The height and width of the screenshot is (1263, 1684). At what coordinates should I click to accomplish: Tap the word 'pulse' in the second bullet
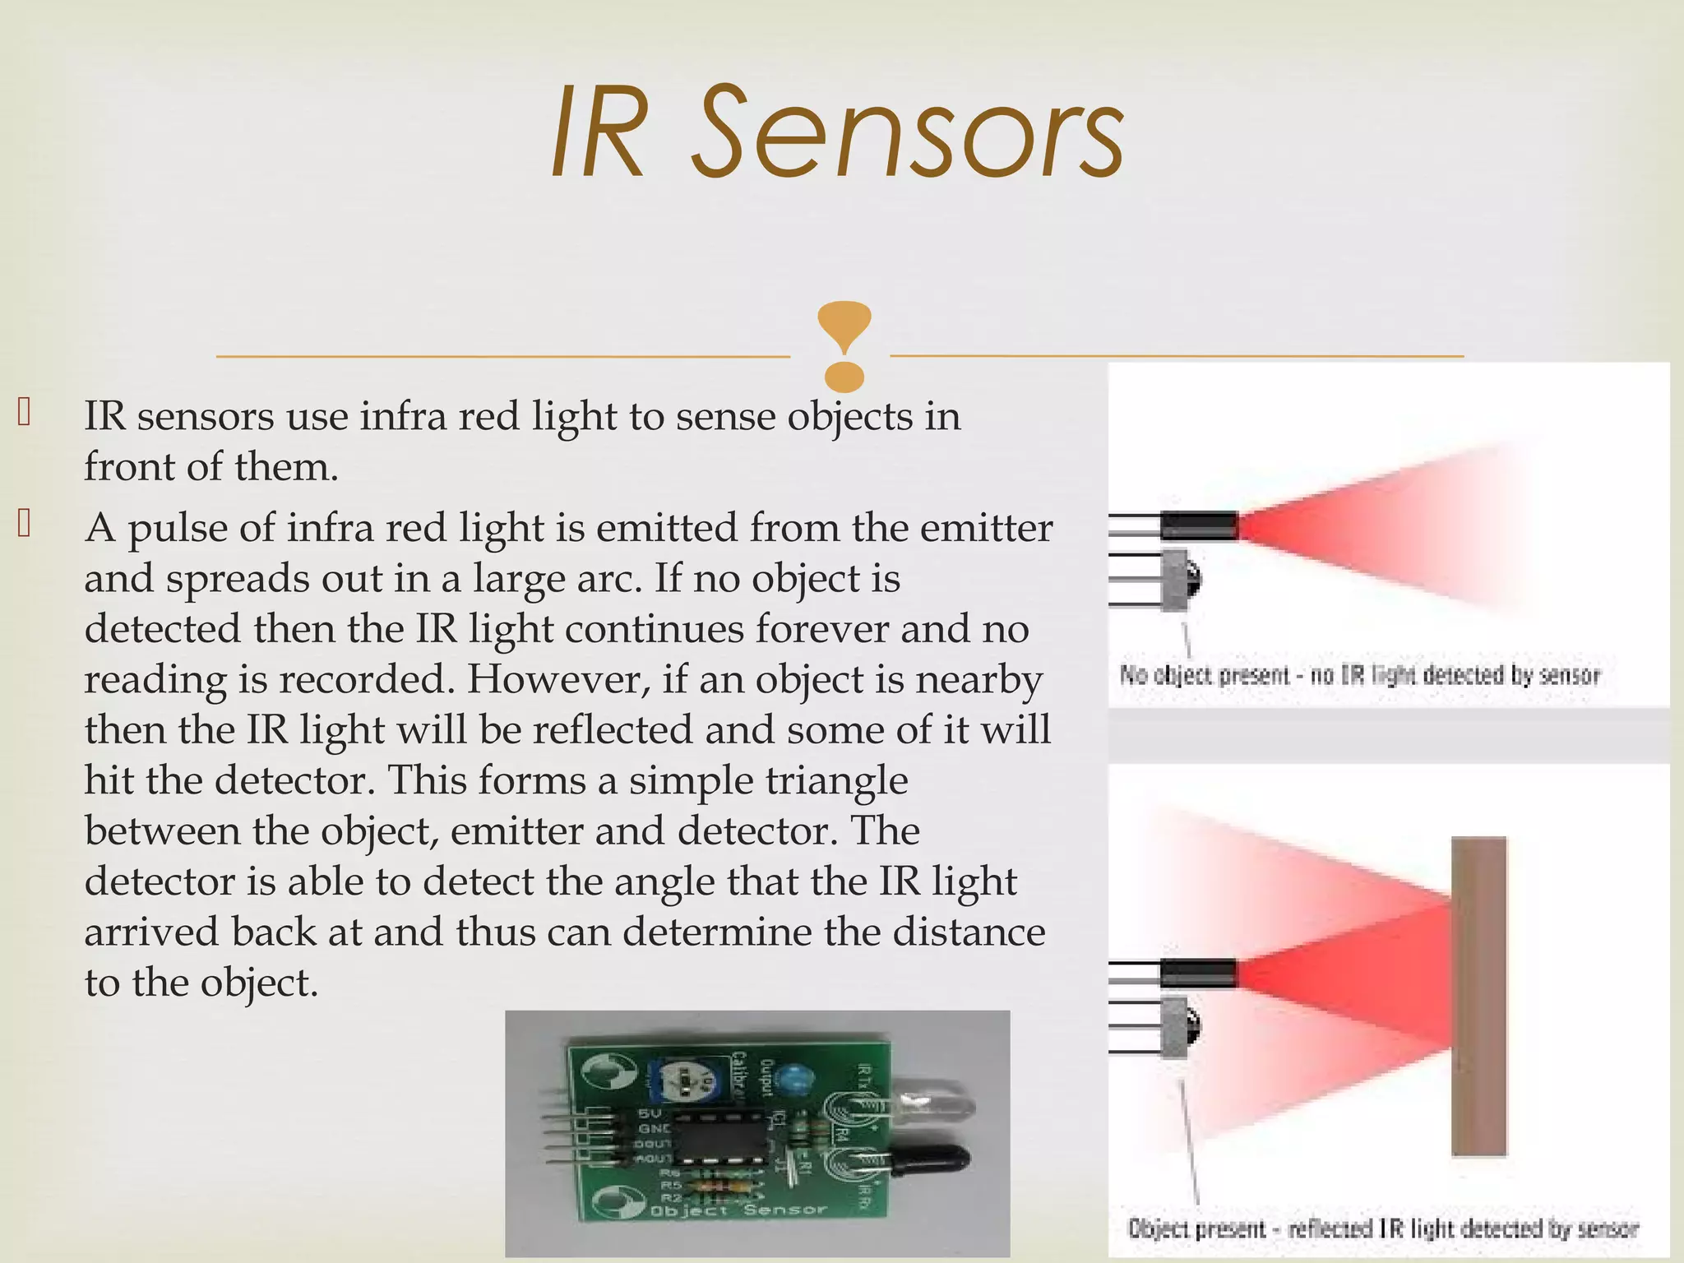coord(177,528)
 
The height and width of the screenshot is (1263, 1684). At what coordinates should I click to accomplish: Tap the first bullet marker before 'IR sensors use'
coord(24,414)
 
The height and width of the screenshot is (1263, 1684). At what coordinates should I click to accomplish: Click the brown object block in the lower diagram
coord(1478,995)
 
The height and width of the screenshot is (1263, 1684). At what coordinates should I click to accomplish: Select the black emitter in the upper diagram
coord(1199,525)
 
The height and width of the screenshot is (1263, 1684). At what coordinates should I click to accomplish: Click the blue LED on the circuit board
coord(793,1077)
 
